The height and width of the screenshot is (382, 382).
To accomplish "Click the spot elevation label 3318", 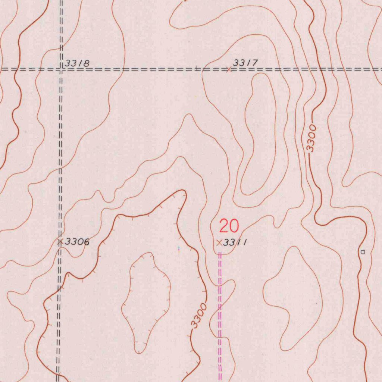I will pyautogui.click(x=77, y=63).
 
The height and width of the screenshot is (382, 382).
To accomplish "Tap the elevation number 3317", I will pyautogui.click(x=245, y=63).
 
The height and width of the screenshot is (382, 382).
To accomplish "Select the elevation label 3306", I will pyautogui.click(x=77, y=242).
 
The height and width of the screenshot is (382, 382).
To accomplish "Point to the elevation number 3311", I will pyautogui.click(x=235, y=243).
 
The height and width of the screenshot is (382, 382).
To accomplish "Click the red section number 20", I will pyautogui.click(x=229, y=226).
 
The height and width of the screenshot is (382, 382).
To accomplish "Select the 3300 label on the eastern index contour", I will pyautogui.click(x=312, y=138).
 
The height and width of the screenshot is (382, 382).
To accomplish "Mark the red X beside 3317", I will pyautogui.click(x=229, y=69).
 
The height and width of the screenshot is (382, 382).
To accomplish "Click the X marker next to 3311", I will pyautogui.click(x=219, y=242).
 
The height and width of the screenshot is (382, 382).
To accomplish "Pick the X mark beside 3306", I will pyautogui.click(x=60, y=242).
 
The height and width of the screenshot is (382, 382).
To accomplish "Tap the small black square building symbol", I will pyautogui.click(x=363, y=252).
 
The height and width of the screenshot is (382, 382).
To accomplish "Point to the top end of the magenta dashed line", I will pyautogui.click(x=220, y=253).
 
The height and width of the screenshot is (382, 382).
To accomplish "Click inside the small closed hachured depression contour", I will pyautogui.click(x=145, y=298).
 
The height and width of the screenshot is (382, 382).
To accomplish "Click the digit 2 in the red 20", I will pyautogui.click(x=224, y=226).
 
